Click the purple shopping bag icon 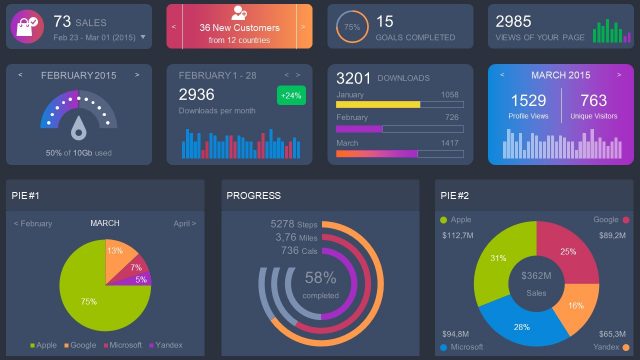(27, 26)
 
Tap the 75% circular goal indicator (351, 27)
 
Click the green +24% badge (291, 96)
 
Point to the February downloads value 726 (450, 118)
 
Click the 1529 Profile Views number (528, 100)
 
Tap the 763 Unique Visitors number (593, 100)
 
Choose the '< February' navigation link (33, 223)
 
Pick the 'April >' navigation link (184, 223)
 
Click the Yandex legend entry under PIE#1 (166, 345)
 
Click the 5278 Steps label (294, 224)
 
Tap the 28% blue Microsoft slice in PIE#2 (523, 322)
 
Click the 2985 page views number (513, 21)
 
